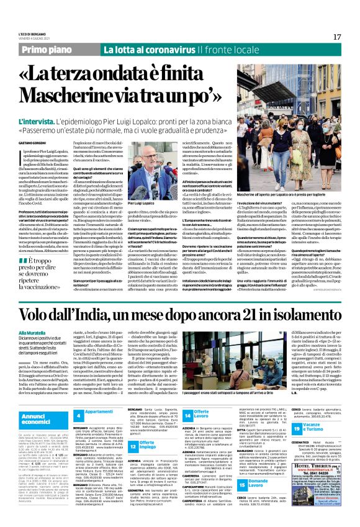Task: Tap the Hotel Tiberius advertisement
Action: click(317, 487)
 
